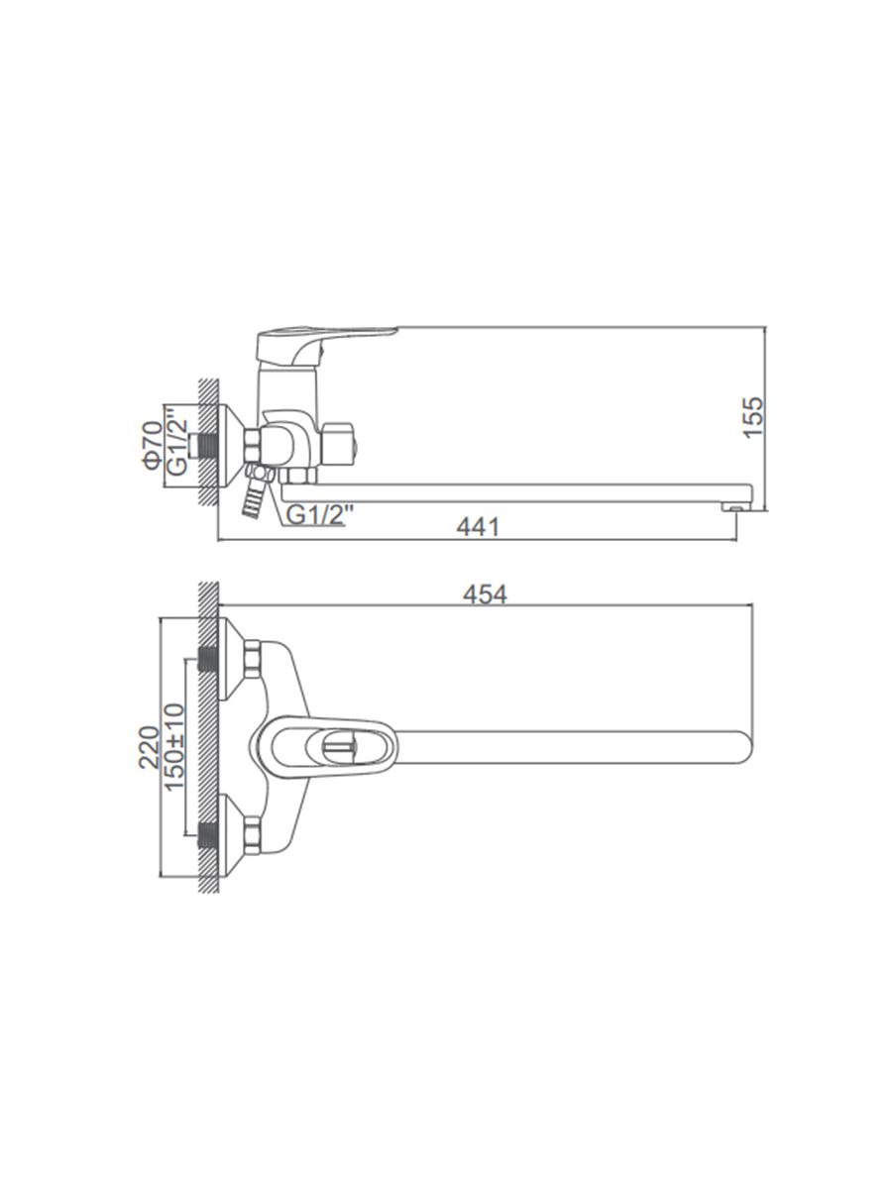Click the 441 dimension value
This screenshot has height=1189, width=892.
click(477, 526)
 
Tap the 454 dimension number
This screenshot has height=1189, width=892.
click(485, 594)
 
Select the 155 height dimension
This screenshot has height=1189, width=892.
click(753, 418)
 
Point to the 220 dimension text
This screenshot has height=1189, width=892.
click(149, 747)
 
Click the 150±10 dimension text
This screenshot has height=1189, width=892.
click(174, 747)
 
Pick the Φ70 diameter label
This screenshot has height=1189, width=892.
click(153, 445)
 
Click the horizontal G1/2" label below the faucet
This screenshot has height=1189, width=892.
click(316, 515)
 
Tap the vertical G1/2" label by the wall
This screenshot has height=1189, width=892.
click(177, 441)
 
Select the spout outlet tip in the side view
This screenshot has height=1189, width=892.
click(735, 506)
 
